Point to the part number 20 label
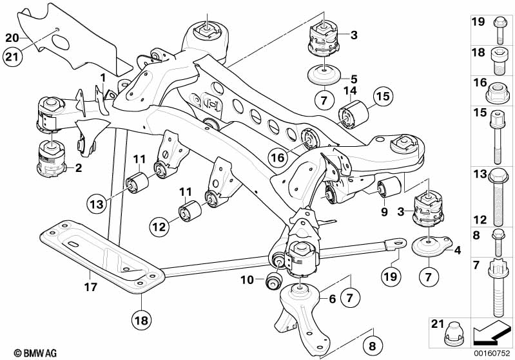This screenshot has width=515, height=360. coord(12,37)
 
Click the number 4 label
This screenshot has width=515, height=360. coord(457,249)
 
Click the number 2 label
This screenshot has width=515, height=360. coord(78,169)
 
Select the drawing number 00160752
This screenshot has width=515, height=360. coord(492,353)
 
